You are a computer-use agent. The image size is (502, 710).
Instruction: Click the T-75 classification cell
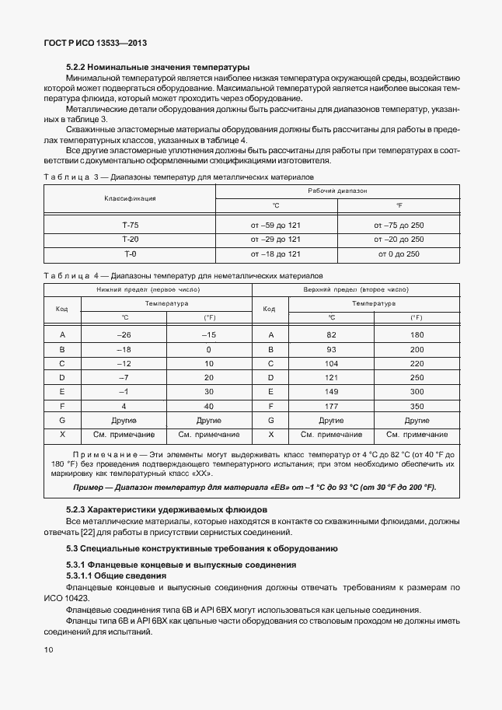click(x=130, y=225)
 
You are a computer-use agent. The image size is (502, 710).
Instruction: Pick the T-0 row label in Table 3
click(x=130, y=254)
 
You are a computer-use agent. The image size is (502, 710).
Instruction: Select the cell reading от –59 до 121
click(x=275, y=225)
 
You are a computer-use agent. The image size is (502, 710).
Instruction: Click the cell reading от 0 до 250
click(x=399, y=254)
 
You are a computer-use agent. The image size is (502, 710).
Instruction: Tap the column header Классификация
click(x=130, y=198)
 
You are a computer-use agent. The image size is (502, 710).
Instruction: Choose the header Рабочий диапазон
click(x=337, y=191)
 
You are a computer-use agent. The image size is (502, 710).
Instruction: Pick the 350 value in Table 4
click(x=417, y=406)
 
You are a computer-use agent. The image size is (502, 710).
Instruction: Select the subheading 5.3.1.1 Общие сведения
click(x=116, y=575)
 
